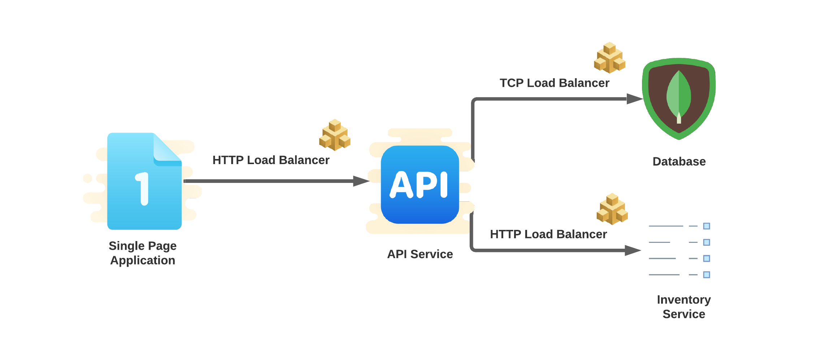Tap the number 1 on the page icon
142,188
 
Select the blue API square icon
420,184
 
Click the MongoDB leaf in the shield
678,95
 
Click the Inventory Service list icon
679,250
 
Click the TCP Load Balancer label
554,83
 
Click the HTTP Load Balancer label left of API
271,160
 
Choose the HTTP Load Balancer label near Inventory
548,234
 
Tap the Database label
679,162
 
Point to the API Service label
420,254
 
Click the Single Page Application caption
143,253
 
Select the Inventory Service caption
684,307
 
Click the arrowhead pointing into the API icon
361,181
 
